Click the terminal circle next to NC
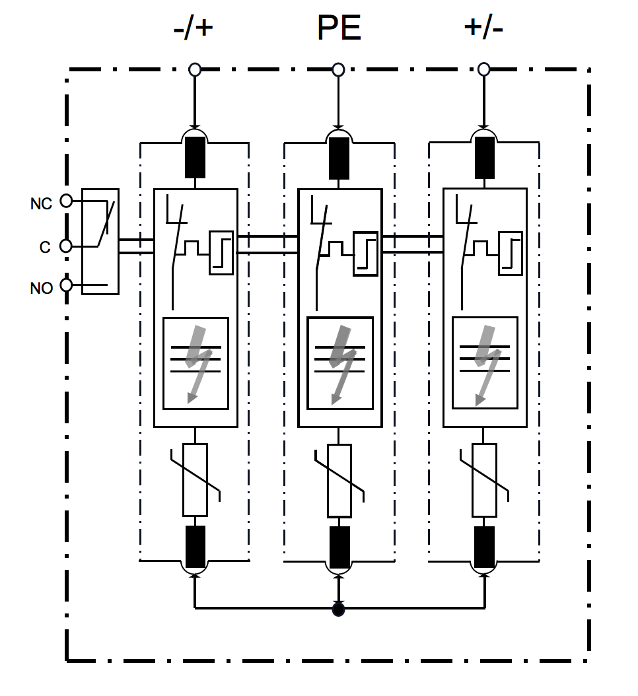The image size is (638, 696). click(x=66, y=201)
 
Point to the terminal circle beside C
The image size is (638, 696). click(x=65, y=246)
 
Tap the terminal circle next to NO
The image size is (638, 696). click(x=66, y=285)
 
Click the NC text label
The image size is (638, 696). click(x=41, y=204)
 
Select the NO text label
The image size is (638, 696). click(x=41, y=289)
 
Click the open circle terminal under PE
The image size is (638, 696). click(x=339, y=69)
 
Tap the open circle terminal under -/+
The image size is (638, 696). click(x=194, y=69)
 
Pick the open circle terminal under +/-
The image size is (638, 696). click(x=483, y=69)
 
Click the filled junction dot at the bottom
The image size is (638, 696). click(x=339, y=609)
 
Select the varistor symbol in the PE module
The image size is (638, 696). click(x=339, y=480)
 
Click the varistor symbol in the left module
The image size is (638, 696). click(x=195, y=480)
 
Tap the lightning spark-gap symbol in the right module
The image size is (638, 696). click(x=484, y=363)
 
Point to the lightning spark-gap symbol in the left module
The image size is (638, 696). click(x=195, y=363)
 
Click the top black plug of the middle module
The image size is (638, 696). click(x=339, y=158)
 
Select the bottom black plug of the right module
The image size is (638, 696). click(x=484, y=547)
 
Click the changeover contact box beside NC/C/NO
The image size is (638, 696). click(x=100, y=241)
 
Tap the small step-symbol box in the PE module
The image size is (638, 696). click(x=365, y=252)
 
